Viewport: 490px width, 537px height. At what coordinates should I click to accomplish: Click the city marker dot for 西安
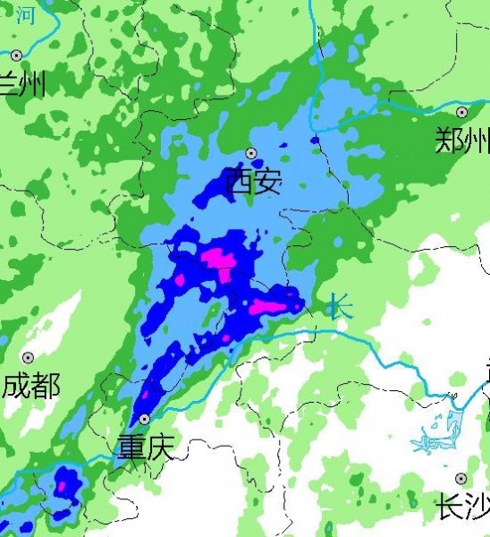coord(251,153)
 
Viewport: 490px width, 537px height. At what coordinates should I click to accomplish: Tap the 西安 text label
coord(253,183)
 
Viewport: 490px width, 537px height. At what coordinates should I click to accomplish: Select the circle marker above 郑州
coord(461,113)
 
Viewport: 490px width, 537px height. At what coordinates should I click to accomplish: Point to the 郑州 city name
coord(462,141)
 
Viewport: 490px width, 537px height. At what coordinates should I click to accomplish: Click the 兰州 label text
coord(21,85)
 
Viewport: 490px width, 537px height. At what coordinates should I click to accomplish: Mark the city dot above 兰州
coord(16,55)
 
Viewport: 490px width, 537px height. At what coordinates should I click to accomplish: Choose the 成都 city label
coord(31,387)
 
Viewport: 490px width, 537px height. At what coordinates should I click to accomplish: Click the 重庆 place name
coord(146,447)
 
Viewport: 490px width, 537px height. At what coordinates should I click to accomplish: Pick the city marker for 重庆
coord(144,419)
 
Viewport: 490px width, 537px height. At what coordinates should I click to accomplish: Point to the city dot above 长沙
coord(460,479)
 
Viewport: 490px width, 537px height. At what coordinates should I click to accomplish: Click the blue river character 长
coord(339,307)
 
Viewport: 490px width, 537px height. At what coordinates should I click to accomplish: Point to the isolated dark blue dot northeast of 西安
coord(315,140)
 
